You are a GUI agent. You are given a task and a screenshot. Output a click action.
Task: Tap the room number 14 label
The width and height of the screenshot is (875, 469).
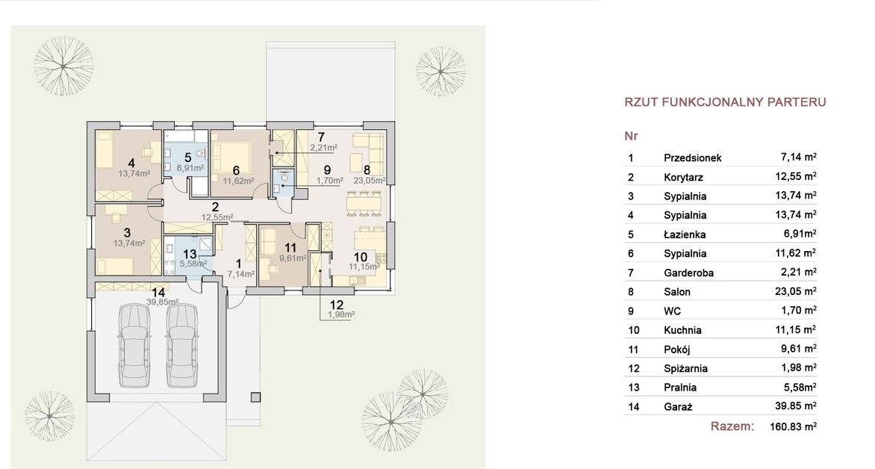click(158, 293)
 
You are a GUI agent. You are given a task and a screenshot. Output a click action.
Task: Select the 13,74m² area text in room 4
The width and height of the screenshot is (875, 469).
click(134, 174)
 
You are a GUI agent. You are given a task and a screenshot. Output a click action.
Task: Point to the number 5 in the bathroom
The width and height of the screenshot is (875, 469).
click(187, 158)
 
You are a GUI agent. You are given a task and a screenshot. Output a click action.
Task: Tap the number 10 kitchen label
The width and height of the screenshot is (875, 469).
click(361, 257)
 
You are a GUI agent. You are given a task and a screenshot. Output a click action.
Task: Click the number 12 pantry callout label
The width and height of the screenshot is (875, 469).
click(337, 305)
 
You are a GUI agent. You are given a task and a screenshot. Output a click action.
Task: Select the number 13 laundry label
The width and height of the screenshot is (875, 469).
click(190, 254)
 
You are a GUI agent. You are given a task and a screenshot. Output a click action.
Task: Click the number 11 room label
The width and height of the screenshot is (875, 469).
click(290, 248)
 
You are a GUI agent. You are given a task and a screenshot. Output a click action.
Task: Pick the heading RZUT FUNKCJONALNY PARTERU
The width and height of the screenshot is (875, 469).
click(725, 102)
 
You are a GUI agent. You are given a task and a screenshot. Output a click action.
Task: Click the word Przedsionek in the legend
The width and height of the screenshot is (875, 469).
click(693, 158)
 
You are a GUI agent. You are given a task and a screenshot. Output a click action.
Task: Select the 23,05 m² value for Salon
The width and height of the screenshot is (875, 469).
click(796, 291)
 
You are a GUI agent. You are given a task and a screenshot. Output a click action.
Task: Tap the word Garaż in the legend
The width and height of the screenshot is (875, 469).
click(678, 406)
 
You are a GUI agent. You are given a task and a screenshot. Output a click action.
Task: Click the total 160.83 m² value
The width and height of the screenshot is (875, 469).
click(794, 426)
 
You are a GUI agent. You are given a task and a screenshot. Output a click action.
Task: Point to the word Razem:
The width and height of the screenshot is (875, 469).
click(732, 426)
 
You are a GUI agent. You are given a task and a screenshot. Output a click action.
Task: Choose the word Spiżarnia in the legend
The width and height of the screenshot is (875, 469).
click(686, 368)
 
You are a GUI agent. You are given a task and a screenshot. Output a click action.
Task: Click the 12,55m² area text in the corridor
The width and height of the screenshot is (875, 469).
click(218, 218)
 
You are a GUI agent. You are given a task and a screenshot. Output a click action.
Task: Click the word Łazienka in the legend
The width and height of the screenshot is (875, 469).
click(685, 234)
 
